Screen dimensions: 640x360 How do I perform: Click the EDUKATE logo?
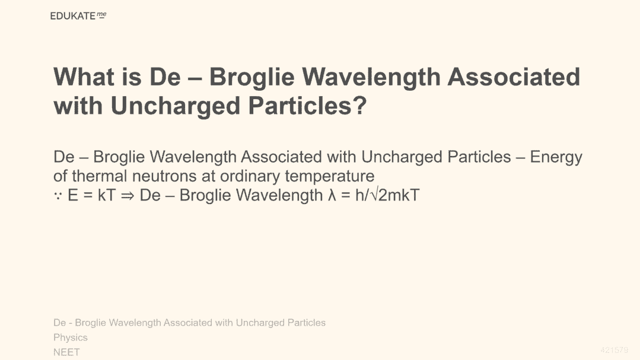click(78, 16)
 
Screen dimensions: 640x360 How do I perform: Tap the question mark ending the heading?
click(359, 106)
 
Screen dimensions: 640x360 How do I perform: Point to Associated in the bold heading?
click(514, 77)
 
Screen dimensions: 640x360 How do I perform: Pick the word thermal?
click(100, 176)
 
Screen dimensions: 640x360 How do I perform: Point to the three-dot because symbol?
click(58, 196)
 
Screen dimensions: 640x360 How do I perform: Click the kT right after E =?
click(107, 195)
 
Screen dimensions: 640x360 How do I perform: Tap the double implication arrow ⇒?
click(128, 196)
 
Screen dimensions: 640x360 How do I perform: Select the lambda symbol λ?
click(332, 195)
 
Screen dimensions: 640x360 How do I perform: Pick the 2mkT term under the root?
click(399, 195)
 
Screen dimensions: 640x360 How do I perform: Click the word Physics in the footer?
click(70, 338)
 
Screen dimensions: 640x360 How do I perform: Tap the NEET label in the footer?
click(66, 352)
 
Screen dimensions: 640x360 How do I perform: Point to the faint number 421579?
click(614, 350)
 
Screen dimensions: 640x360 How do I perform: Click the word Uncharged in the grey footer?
click(260, 323)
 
